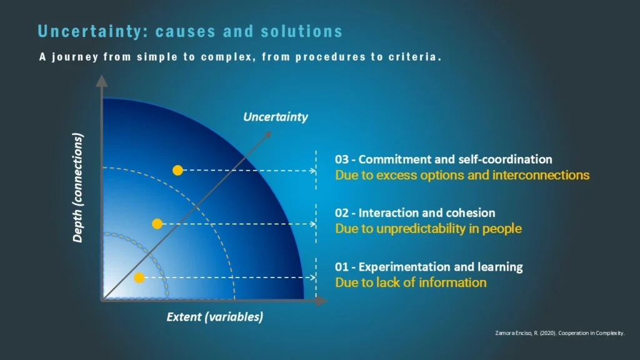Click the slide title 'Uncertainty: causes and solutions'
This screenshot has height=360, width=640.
(190, 31)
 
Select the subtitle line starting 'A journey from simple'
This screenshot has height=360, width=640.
(241, 57)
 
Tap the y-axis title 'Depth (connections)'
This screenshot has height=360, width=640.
(78, 187)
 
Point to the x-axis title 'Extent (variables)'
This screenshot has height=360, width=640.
(214, 317)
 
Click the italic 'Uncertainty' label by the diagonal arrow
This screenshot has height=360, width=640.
(276, 117)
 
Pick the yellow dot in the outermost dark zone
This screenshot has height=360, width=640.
(177, 170)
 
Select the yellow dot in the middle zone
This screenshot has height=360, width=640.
(157, 224)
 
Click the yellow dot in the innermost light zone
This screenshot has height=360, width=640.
(139, 277)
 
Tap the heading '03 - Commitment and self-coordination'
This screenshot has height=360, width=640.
(443, 159)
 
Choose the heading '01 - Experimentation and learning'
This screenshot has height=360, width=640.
(429, 267)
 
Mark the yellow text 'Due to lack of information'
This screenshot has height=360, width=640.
(411, 282)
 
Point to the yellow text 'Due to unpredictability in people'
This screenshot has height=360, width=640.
(428, 229)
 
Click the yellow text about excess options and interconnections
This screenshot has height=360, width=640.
(462, 175)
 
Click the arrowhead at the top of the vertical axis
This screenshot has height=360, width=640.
(101, 80)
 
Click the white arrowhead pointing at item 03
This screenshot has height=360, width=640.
(312, 170)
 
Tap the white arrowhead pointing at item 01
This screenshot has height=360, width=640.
(312, 277)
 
